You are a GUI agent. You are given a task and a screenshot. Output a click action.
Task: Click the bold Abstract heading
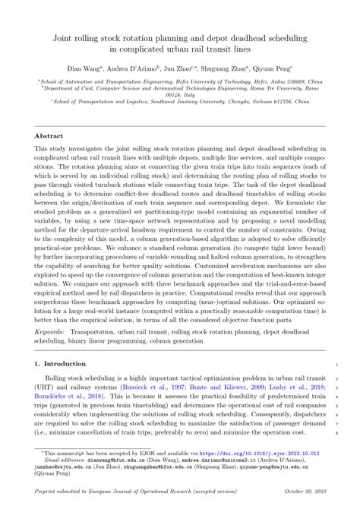click(x=49, y=136)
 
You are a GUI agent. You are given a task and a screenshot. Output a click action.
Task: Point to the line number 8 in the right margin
click(x=335, y=432)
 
